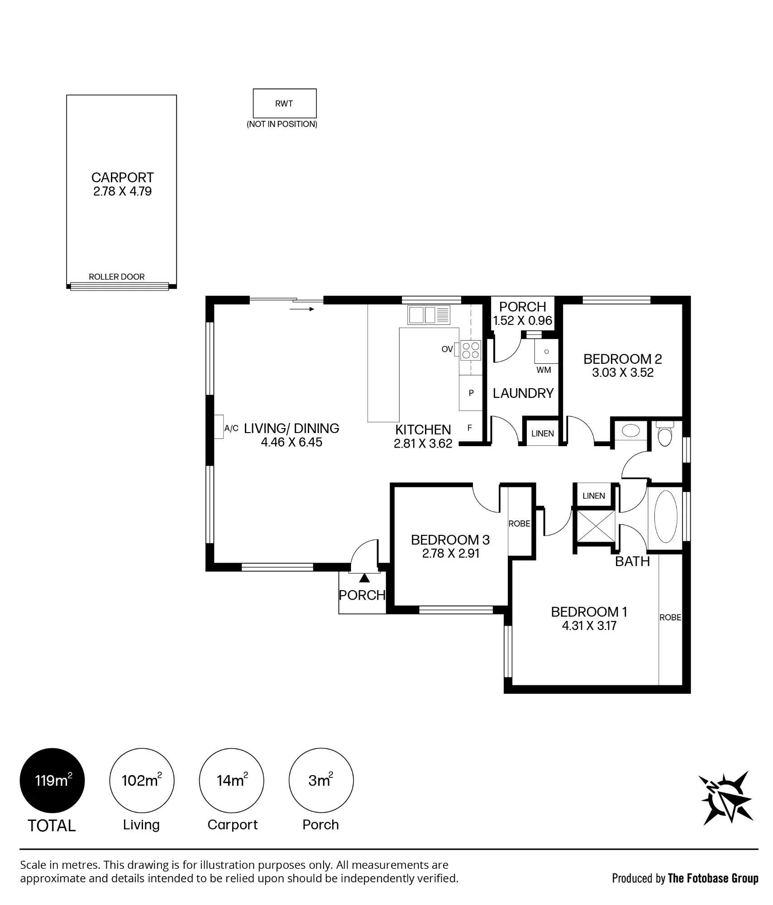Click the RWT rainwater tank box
coord(284,103)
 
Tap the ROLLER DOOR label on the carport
coord(117,276)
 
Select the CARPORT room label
coord(122,177)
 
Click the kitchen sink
coord(429,315)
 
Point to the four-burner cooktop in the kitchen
coord(471,350)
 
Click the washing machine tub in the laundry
coord(546,352)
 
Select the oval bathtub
coord(665,517)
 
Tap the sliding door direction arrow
coord(301,309)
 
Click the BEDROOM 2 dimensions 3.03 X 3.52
coord(623,373)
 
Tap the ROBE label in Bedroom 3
coord(519,524)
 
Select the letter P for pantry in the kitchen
coord(471,393)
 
